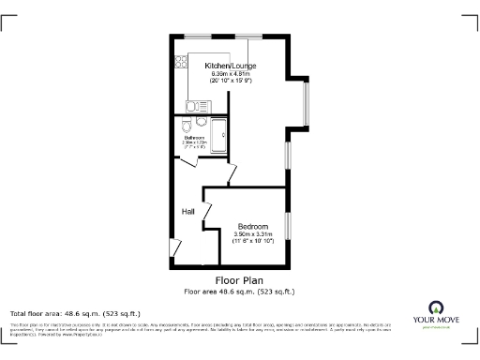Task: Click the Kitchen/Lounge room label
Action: [231, 66]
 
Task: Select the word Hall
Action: [187, 211]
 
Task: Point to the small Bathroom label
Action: [194, 137]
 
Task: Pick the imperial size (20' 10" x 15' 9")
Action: [231, 82]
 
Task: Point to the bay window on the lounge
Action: [305, 100]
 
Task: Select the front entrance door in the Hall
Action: [174, 247]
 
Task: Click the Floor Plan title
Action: [239, 280]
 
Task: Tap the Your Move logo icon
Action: [435, 307]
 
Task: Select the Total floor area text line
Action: [75, 313]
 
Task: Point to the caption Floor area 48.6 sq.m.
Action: [239, 292]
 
